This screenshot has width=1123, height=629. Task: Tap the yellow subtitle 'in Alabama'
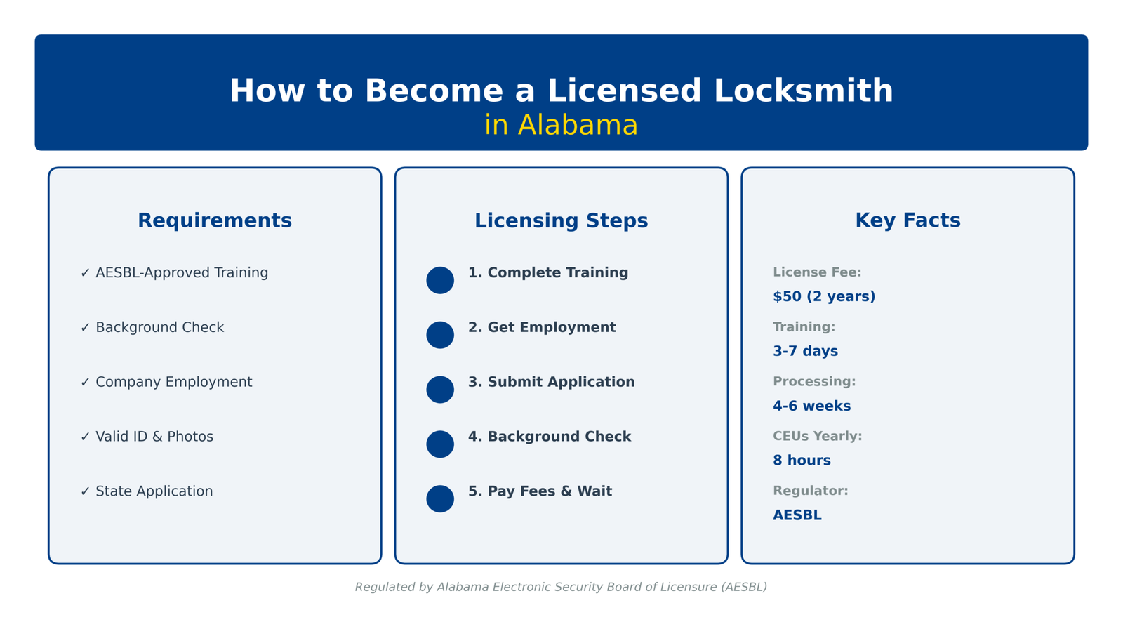click(x=561, y=126)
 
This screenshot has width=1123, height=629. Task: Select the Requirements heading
click(x=215, y=220)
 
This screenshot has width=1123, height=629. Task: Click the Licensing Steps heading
click(x=561, y=220)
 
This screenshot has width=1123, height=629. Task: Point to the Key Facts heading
click(x=908, y=220)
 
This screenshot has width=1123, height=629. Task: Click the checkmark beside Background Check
click(x=85, y=328)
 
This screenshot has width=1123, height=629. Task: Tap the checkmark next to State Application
click(x=85, y=491)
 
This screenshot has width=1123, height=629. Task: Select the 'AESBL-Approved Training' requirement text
click(x=182, y=273)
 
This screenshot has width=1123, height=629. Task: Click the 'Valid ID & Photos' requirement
click(x=154, y=437)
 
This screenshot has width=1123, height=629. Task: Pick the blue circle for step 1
click(x=440, y=280)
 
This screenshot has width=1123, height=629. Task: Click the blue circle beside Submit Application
click(x=440, y=390)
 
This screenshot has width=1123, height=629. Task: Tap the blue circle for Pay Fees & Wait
click(x=440, y=498)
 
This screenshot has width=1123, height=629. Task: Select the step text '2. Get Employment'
click(x=542, y=328)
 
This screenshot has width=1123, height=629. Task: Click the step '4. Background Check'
click(x=550, y=437)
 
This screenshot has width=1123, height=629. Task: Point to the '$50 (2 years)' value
click(x=824, y=297)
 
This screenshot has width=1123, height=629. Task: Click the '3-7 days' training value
click(x=805, y=351)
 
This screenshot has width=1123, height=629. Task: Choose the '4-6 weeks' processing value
click(x=811, y=406)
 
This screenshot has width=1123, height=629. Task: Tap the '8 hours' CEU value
click(x=802, y=461)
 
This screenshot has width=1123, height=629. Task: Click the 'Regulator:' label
click(x=810, y=491)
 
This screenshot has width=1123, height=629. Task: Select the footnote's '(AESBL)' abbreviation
click(x=743, y=587)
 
